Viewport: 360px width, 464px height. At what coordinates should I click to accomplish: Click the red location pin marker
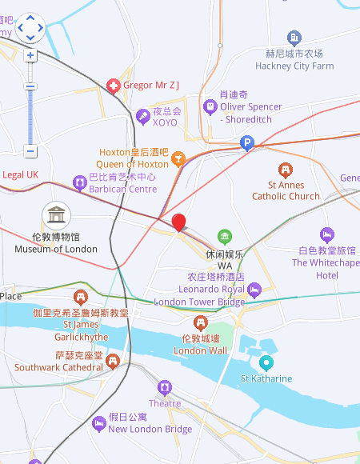[179, 223]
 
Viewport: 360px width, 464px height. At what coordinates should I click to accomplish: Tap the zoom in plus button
[30, 56]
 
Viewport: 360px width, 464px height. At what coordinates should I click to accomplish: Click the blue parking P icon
[247, 144]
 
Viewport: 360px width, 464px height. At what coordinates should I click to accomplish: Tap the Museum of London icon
[56, 214]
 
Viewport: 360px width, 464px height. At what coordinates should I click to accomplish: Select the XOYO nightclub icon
[143, 117]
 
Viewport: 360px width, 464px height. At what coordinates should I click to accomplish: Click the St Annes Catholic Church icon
[286, 170]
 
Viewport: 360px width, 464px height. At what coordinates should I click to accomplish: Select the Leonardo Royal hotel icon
[254, 289]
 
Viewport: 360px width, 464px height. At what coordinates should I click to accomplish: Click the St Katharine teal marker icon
[266, 362]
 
